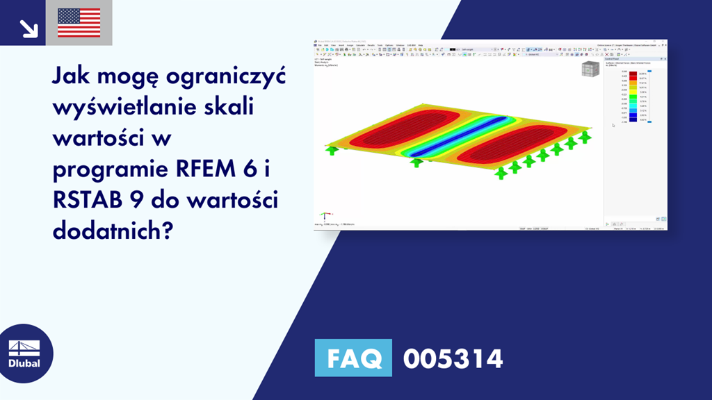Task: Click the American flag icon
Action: coord(79,23)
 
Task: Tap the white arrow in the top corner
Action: coord(28,28)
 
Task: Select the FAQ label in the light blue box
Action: coord(353,359)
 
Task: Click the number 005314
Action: coord(453,359)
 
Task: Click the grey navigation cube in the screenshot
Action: coord(590,70)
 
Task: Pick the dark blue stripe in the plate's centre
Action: coord(455,133)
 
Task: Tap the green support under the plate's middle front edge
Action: coord(416,162)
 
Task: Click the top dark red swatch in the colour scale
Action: coord(633,74)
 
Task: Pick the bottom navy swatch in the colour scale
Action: coord(633,121)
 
